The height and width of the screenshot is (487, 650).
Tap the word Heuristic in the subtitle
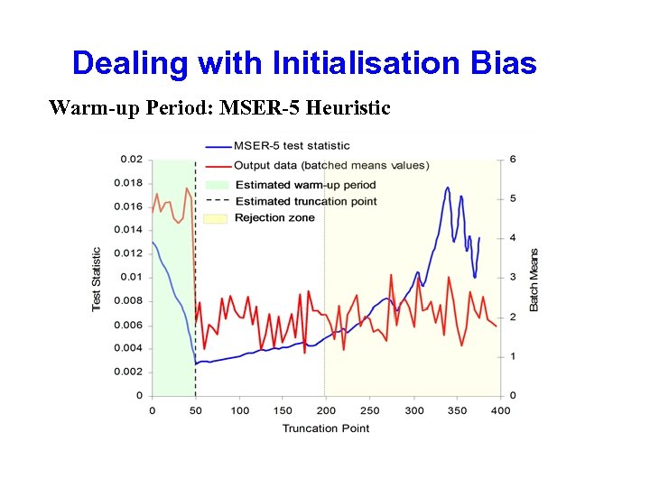pyautogui.click(x=348, y=109)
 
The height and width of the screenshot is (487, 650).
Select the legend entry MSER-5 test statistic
pyautogui.click(x=292, y=146)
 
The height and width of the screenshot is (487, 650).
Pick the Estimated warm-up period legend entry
pyautogui.click(x=304, y=185)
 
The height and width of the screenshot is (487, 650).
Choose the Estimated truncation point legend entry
pyautogui.click(x=305, y=201)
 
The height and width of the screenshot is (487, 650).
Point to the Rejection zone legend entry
pyautogui.click(x=274, y=217)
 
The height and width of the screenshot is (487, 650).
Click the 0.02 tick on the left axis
pyautogui.click(x=131, y=160)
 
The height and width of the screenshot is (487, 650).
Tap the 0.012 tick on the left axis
pyautogui.click(x=129, y=253)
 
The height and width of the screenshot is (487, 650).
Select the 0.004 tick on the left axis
pyautogui.click(x=129, y=348)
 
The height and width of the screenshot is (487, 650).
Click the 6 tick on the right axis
pyautogui.click(x=514, y=160)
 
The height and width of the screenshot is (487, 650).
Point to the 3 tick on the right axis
pyautogui.click(x=514, y=277)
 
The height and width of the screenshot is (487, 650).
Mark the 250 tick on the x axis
pyautogui.click(x=370, y=410)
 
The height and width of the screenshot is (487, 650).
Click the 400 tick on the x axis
pyautogui.click(x=500, y=410)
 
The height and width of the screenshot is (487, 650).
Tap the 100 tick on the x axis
pyautogui.click(x=239, y=410)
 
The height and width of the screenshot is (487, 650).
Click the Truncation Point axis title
pyautogui.click(x=326, y=427)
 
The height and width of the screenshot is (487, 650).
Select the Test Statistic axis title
pyautogui.click(x=97, y=280)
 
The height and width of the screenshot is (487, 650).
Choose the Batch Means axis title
pyautogui.click(x=534, y=280)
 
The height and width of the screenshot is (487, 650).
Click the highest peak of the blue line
pyautogui.click(x=448, y=188)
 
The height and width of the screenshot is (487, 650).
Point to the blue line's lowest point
pyautogui.click(x=196, y=364)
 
